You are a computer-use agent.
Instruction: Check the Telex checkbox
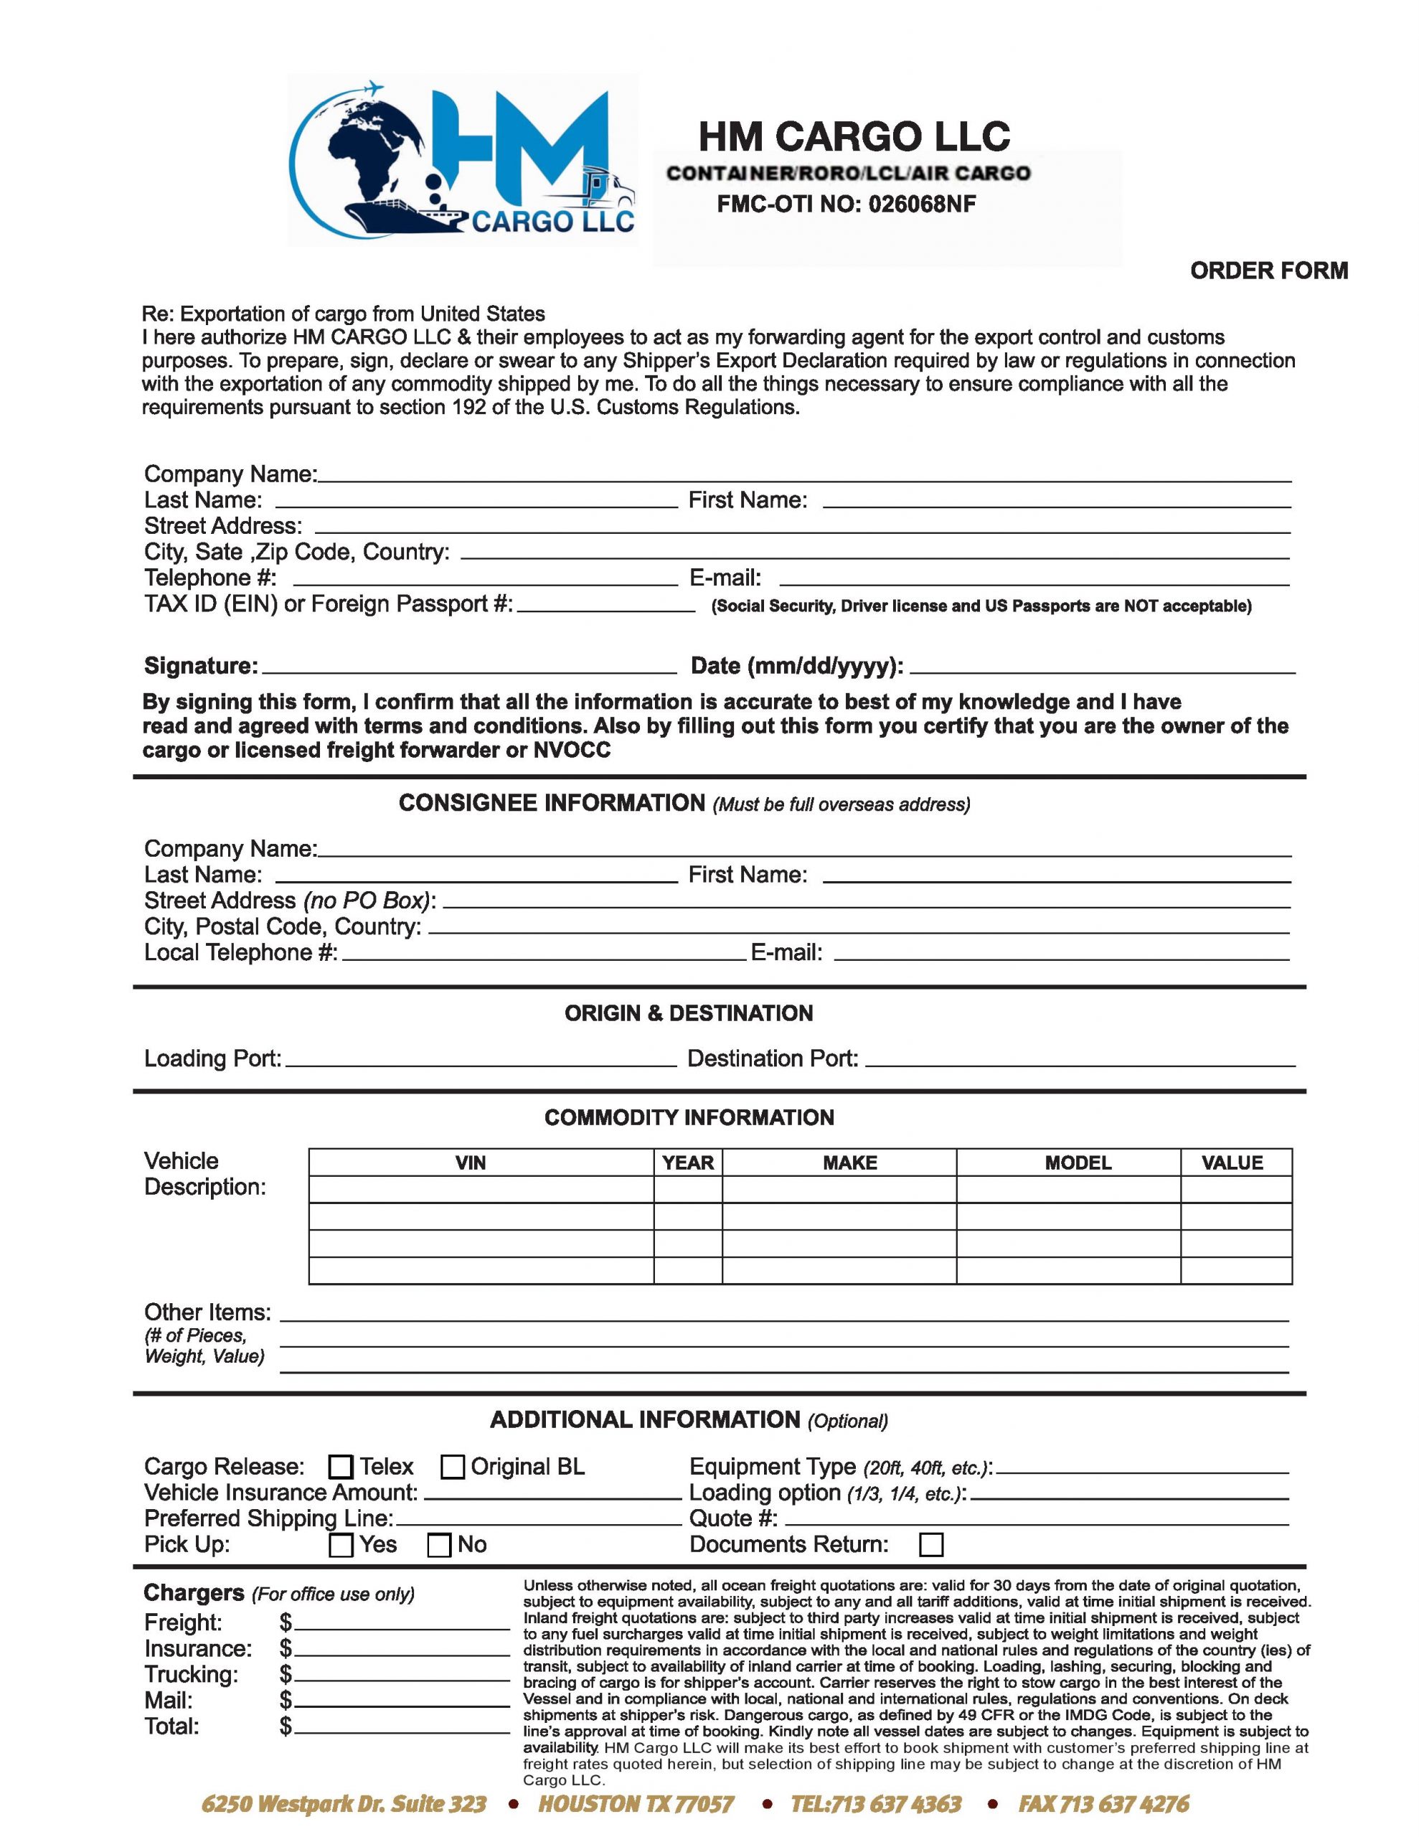[340, 1467]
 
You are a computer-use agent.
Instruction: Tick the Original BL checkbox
[453, 1467]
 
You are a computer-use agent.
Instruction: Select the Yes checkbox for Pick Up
[341, 1545]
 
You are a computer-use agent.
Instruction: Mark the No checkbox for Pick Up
[439, 1545]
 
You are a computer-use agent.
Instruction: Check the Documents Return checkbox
[931, 1545]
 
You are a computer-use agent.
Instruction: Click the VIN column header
[470, 1163]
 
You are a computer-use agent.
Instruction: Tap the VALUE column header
[1232, 1163]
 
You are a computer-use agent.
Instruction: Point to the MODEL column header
[1078, 1163]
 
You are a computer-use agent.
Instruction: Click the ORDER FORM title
[1268, 271]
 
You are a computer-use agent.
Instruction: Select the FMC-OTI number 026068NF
[921, 205]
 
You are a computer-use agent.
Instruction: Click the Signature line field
[468, 667]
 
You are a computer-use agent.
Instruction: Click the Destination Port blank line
[1079, 1060]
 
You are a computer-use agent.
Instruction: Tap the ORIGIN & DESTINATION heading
[688, 1013]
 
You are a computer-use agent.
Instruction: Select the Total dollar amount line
[401, 1728]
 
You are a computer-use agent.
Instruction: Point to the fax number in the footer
[1103, 1804]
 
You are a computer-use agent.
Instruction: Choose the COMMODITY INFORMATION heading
[688, 1118]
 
